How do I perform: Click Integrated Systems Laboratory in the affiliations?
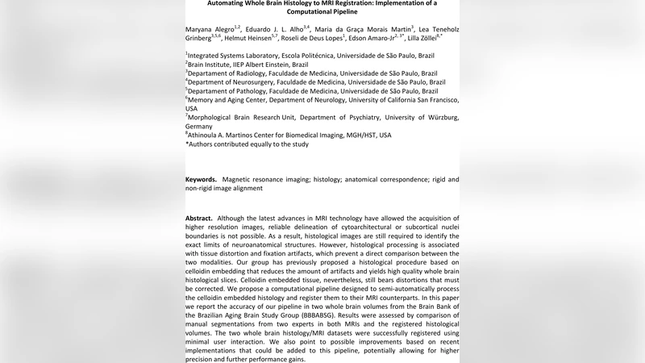click(235, 56)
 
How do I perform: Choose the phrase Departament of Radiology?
click(231, 73)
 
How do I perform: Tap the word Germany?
click(199, 127)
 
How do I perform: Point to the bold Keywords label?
click(201, 179)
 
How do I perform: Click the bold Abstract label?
click(199, 219)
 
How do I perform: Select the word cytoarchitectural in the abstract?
click(340, 227)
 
